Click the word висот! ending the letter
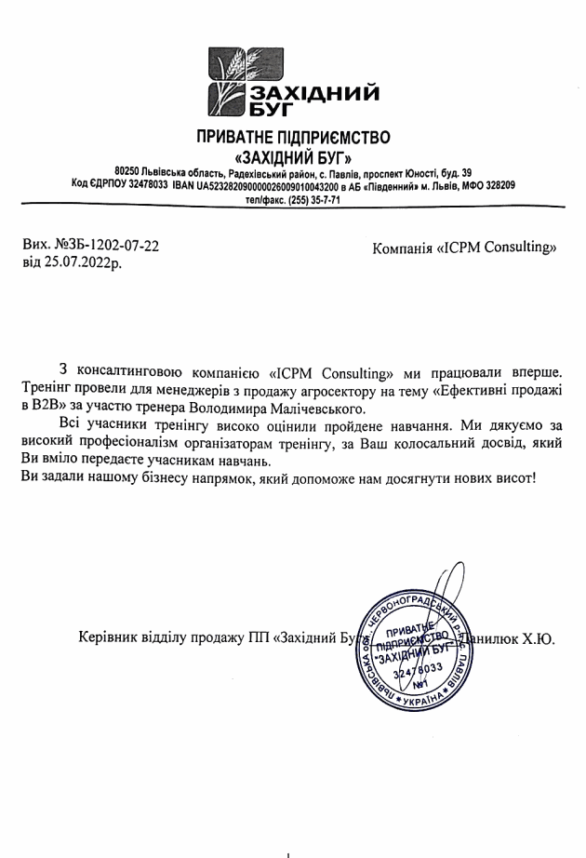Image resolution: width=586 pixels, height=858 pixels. coord(514,477)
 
